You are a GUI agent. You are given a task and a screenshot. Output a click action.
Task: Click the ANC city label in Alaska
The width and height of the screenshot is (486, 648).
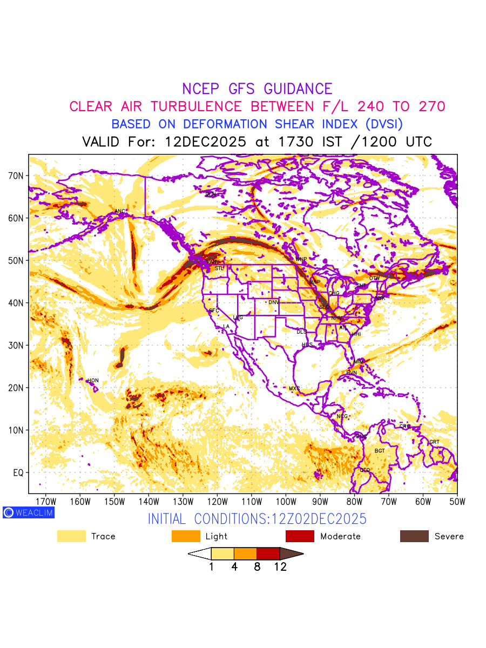click(120, 211)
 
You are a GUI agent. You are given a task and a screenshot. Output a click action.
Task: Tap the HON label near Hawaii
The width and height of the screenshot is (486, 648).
click(93, 381)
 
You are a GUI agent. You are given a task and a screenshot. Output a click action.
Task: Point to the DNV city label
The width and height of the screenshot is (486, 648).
click(274, 302)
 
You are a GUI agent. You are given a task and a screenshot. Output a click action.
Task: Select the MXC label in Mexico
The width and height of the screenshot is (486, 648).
click(294, 388)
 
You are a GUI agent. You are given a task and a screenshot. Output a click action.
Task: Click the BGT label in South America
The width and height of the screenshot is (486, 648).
click(380, 450)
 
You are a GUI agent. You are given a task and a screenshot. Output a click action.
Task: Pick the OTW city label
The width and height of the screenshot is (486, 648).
click(374, 278)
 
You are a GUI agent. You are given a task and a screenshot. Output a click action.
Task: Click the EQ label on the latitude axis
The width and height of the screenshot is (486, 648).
click(18, 473)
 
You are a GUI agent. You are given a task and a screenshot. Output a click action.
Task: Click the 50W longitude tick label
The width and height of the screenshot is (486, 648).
click(457, 501)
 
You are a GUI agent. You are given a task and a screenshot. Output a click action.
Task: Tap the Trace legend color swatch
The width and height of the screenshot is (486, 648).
click(71, 536)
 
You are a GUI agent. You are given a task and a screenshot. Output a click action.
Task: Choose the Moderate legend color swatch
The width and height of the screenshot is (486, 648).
click(300, 536)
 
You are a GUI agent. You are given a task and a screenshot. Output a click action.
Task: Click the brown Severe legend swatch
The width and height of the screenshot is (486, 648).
click(414, 536)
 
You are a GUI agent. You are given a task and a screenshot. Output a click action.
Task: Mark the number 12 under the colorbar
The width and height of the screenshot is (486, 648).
click(280, 567)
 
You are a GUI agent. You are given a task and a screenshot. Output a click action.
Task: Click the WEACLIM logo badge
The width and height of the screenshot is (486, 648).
click(28, 512)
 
